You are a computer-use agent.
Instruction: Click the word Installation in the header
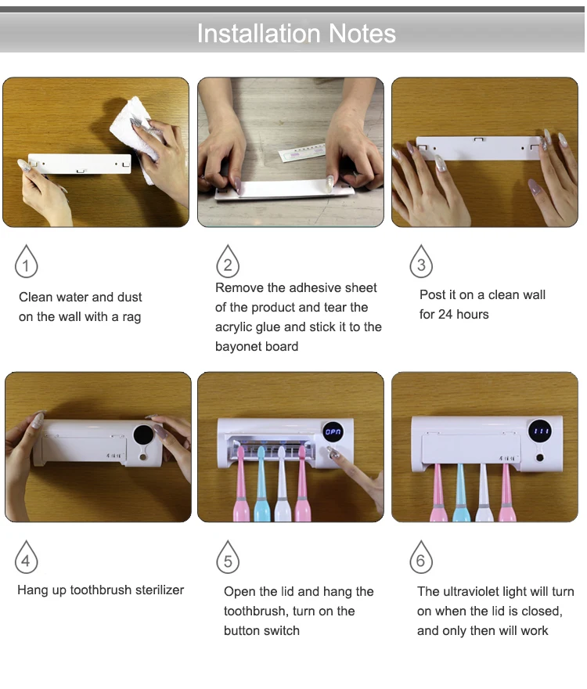coord(259,34)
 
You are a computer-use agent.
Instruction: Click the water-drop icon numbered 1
coord(27,262)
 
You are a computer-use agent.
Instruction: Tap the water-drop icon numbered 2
coord(228,262)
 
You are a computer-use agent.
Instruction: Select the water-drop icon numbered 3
coord(421,262)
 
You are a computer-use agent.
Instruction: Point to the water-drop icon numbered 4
coord(27,557)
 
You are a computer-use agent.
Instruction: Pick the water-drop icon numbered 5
coord(228,557)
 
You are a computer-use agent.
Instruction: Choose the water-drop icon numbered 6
coord(421,557)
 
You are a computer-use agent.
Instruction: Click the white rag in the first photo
coord(136,132)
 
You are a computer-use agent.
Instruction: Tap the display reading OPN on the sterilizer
coord(333,432)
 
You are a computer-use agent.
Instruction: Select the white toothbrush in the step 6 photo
coord(484,493)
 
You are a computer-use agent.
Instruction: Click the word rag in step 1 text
coord(131,317)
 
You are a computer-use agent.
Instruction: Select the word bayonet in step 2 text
coord(236,346)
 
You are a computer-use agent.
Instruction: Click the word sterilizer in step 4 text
coord(160,590)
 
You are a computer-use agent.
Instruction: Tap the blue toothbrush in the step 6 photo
coord(460,493)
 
